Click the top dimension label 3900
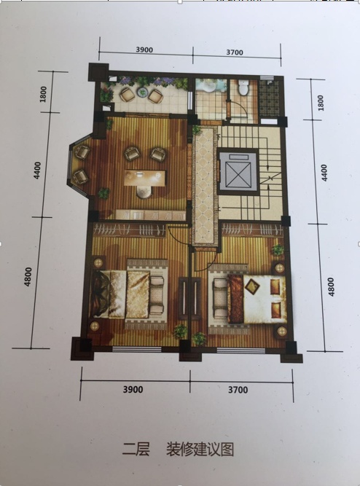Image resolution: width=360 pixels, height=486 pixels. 144,50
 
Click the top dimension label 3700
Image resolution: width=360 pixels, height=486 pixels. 235,52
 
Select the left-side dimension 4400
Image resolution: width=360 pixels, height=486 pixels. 37,171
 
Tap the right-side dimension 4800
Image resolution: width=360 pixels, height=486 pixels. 331,287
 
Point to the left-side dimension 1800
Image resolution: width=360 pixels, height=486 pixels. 44,94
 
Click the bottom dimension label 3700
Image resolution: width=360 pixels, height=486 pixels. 238,390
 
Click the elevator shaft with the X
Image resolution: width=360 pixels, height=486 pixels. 238,172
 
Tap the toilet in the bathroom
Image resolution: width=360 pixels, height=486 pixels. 243,87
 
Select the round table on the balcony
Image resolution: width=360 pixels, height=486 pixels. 143,92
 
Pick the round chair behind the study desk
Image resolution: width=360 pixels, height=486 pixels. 144,192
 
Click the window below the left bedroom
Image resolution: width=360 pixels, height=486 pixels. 137,349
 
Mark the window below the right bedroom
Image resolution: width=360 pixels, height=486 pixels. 241,351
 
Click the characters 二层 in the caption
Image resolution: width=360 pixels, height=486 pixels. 136,449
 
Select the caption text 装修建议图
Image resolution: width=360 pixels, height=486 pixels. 200,449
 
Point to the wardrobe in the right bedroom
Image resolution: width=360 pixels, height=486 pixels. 253,230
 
